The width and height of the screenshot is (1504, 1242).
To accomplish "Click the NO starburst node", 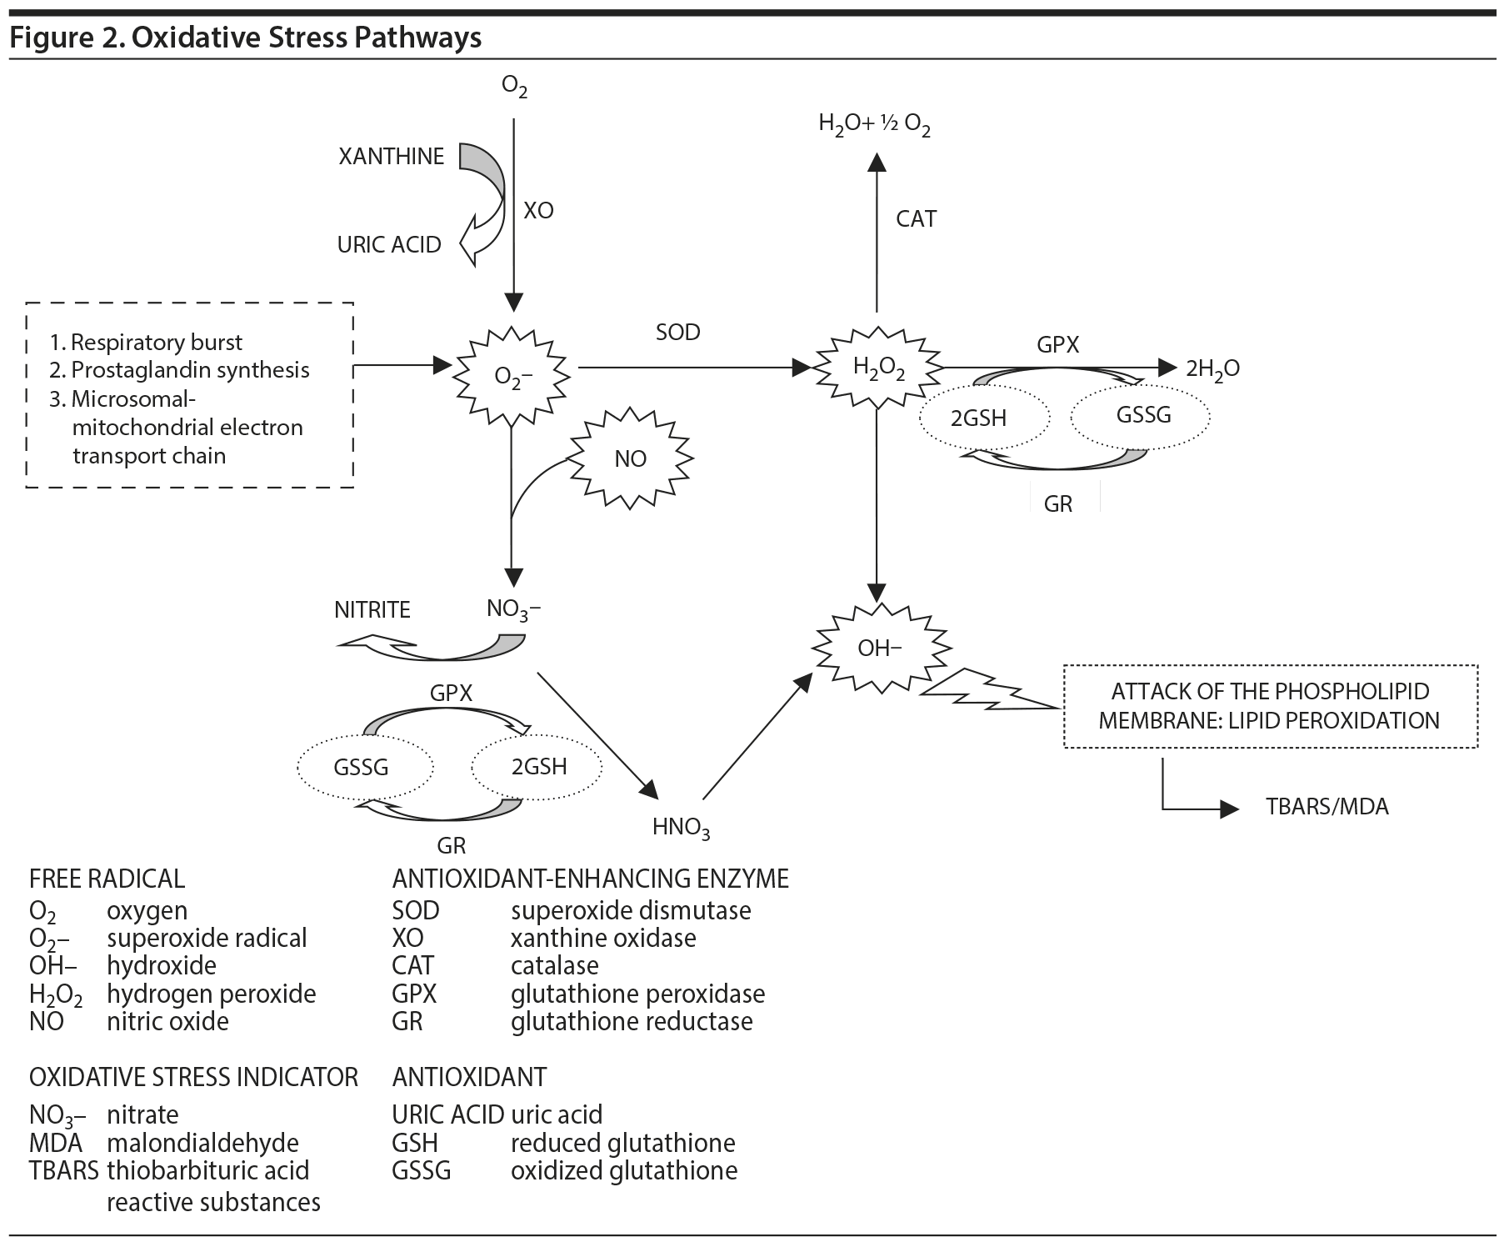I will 631,459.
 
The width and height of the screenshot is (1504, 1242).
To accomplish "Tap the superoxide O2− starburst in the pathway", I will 512,376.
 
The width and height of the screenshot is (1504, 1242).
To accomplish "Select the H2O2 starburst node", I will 878,368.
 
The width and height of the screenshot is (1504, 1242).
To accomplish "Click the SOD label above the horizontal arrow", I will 678,332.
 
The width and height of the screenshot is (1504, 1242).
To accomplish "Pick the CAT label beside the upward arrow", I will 916,219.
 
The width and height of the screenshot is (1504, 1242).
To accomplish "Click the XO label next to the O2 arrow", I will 538,211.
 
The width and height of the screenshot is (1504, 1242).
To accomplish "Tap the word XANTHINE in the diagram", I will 391,157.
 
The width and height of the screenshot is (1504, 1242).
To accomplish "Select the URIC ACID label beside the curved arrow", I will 389,245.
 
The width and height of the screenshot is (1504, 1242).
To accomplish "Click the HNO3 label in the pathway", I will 681,827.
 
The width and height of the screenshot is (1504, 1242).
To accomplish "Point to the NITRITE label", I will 372,610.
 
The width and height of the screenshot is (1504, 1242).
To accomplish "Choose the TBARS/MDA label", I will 1327,807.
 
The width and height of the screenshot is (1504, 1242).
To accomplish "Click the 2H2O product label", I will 1212,368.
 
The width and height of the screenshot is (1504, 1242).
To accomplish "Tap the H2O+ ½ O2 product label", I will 874,125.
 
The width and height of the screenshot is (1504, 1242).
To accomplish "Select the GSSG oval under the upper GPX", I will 1143,415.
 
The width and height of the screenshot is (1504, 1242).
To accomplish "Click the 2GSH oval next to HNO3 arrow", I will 539,767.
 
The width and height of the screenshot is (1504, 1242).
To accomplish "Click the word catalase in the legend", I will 554,965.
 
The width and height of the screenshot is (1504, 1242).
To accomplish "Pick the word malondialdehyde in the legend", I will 202,1143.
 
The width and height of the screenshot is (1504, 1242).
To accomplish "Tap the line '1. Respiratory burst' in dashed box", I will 146,343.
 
